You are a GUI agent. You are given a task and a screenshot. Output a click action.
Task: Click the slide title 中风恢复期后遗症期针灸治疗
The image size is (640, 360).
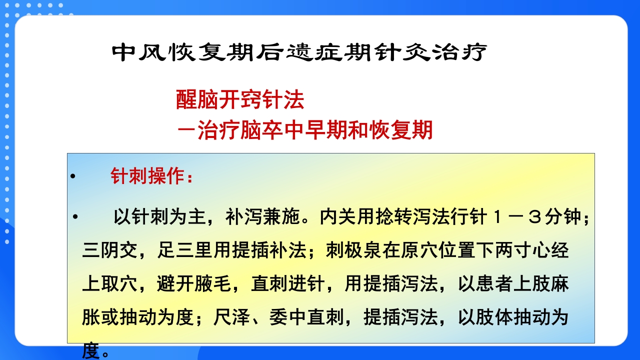pyautogui.click(x=299, y=52)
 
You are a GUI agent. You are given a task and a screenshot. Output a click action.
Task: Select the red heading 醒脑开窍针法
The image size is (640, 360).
pyautogui.click(x=240, y=100)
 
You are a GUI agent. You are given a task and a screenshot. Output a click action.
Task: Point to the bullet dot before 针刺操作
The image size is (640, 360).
pyautogui.click(x=73, y=177)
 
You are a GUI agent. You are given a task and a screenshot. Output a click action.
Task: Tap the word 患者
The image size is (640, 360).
pyautogui.click(x=494, y=284)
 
